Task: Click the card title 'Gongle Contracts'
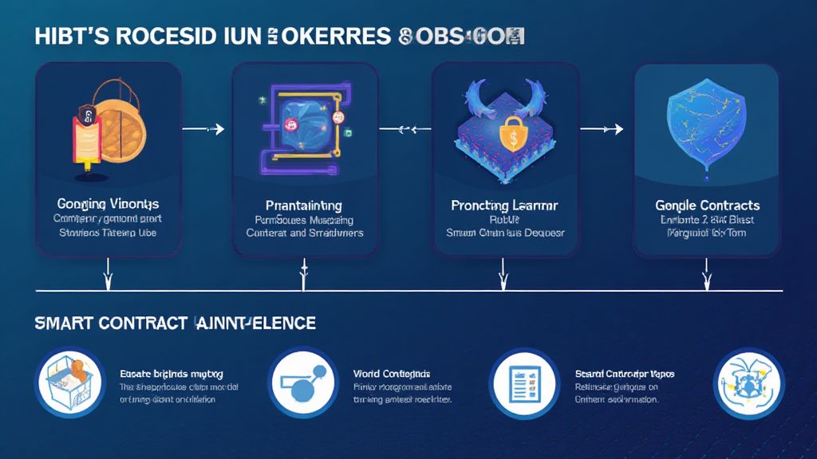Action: [705, 205]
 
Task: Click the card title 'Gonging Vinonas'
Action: [108, 203]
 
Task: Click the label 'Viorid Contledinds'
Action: [392, 373]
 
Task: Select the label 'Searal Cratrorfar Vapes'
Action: [625, 373]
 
